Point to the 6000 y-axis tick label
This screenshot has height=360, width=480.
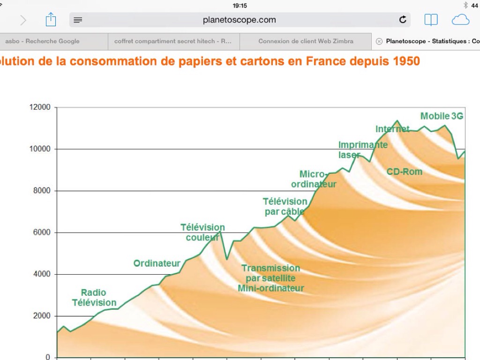pyautogui.click(x=41, y=232)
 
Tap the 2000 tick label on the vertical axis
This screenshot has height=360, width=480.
pyautogui.click(x=41, y=316)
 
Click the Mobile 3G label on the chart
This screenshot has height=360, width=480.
pyautogui.click(x=442, y=116)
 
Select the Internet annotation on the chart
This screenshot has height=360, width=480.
pyautogui.click(x=392, y=129)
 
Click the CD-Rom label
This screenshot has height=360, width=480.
pyautogui.click(x=404, y=172)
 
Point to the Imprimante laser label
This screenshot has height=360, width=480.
pyautogui.click(x=363, y=150)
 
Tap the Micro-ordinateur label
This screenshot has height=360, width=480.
pyautogui.click(x=314, y=179)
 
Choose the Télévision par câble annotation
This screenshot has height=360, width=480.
pyautogui.click(x=285, y=206)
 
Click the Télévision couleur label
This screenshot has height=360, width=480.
pyautogui.click(x=202, y=232)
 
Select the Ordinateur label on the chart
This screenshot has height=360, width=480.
pyautogui.click(x=157, y=263)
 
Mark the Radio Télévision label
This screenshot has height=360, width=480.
pyautogui.click(x=94, y=298)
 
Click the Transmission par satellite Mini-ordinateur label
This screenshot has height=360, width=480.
pyautogui.click(x=271, y=278)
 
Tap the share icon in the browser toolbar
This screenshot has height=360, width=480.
pyautogui.click(x=51, y=20)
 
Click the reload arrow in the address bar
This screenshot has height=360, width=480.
pyautogui.click(x=403, y=20)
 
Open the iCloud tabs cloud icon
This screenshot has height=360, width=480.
pyautogui.click(x=460, y=20)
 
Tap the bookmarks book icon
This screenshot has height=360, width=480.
pyautogui.click(x=431, y=20)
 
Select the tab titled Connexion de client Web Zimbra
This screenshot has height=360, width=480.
pyautogui.click(x=306, y=41)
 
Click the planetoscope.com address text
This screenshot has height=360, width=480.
pyautogui.click(x=240, y=20)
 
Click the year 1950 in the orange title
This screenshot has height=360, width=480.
pyautogui.click(x=404, y=61)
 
